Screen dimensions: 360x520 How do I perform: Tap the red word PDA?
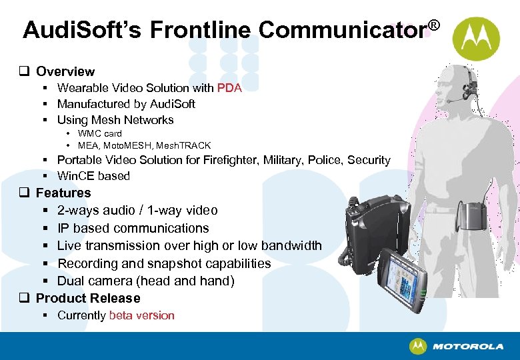[229, 87]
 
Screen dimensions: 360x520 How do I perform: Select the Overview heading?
[65, 71]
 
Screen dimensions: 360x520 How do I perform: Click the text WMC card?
[99, 133]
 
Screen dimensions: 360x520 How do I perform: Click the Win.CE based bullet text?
[93, 176]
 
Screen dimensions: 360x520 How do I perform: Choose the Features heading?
[63, 193]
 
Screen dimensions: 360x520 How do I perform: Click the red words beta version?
[141, 315]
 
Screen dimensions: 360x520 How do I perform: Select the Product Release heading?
[88, 298]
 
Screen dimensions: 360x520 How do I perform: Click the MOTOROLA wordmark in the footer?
[467, 347]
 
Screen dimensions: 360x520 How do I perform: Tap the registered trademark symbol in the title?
[434, 25]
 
